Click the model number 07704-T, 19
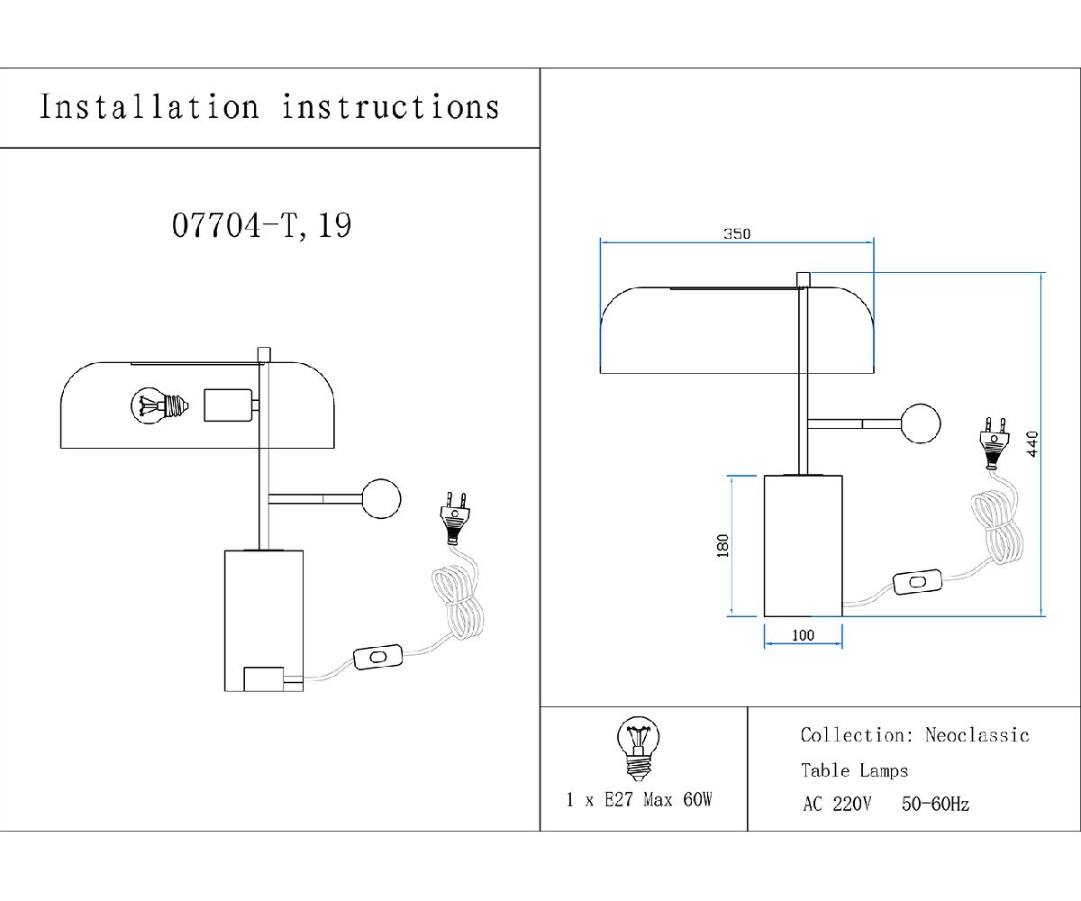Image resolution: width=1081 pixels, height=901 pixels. coord(261,225)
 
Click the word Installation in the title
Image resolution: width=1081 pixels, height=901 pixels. coord(149,107)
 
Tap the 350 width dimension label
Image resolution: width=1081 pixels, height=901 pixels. coord(736,234)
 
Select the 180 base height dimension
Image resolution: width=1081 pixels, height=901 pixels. coord(722,546)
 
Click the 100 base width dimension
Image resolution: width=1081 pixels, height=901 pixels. coord(803,636)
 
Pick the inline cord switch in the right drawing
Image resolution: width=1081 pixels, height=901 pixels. coord(918,583)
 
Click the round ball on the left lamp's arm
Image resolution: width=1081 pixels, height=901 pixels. coord(380,498)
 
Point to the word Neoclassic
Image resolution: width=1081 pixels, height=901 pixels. coord(977,735)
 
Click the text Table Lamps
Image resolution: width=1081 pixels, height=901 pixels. coord(854,770)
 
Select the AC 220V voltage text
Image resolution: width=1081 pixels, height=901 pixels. coord(836,805)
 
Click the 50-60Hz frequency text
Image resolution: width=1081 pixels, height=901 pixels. coord(935,805)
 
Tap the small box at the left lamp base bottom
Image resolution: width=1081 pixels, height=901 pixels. coord(264,678)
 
